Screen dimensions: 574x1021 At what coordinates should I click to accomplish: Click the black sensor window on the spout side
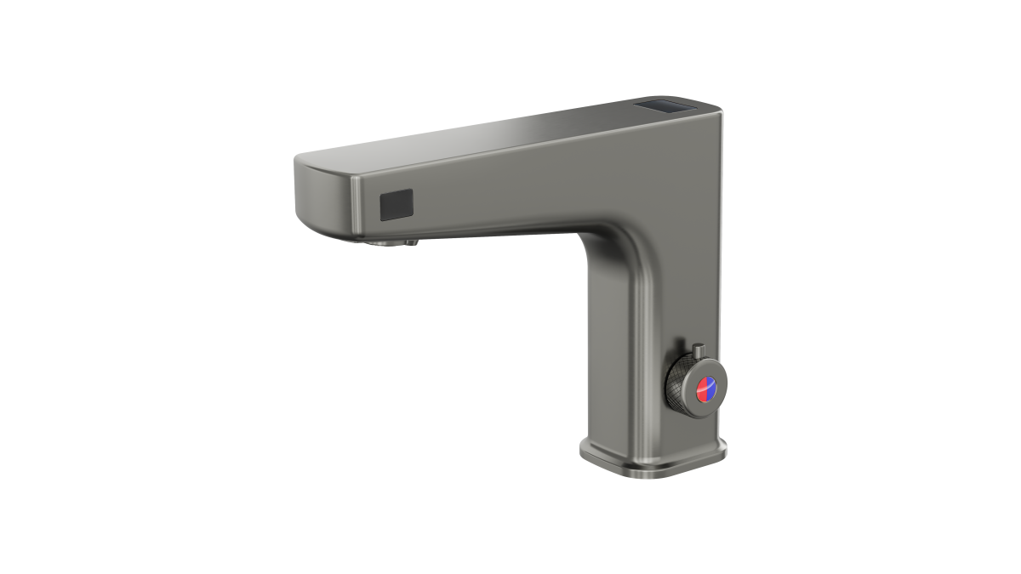coord(396,205)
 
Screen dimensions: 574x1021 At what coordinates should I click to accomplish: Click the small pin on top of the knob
coord(698,350)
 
